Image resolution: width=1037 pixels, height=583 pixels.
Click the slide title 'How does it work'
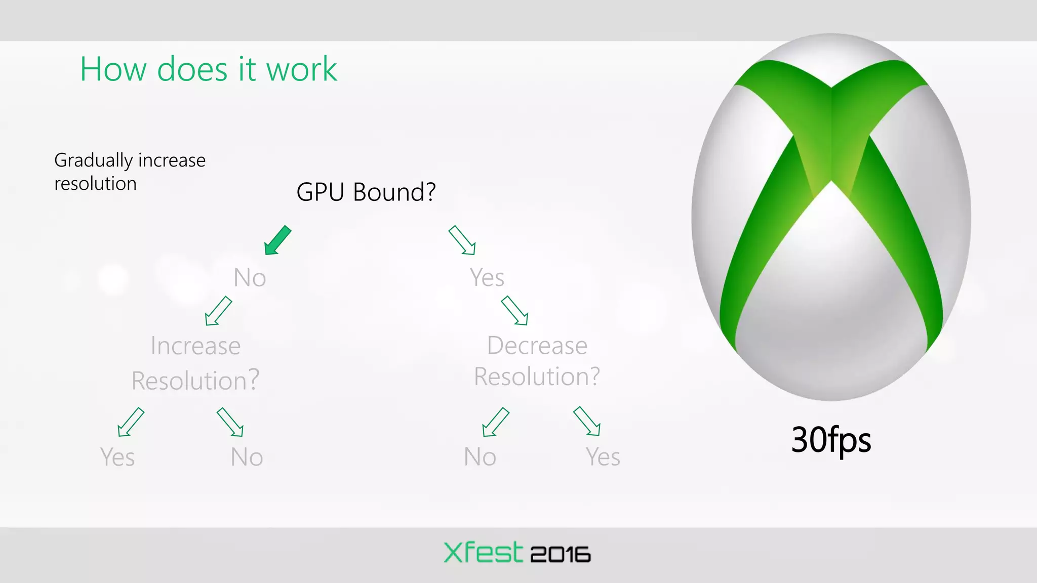(208, 69)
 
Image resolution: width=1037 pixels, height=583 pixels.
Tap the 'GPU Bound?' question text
(366, 192)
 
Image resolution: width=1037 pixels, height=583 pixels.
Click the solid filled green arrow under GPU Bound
(277, 240)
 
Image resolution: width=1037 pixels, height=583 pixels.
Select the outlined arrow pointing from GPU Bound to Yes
(462, 240)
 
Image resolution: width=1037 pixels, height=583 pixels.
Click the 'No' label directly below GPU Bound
(250, 278)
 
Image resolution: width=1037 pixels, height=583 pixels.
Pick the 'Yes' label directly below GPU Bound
(487, 277)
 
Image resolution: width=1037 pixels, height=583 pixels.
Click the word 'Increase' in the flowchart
(195, 346)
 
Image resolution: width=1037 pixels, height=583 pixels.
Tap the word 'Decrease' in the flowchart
(537, 346)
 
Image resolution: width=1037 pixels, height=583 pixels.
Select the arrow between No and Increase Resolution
(218, 311)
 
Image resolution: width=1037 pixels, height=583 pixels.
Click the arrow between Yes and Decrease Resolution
(514, 311)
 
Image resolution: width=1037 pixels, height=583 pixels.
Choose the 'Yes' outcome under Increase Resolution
(117, 457)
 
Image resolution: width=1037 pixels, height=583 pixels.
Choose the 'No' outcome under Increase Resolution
(247, 457)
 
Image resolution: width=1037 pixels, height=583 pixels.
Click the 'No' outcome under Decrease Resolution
(480, 457)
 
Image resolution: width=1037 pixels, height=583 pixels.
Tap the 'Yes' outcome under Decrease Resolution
(603, 457)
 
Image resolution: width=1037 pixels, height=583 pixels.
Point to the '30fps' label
(831, 439)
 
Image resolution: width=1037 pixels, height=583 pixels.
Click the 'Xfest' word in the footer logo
(483, 552)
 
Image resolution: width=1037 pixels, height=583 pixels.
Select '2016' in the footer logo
(560, 555)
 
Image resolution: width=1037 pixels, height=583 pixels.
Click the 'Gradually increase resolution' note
(130, 172)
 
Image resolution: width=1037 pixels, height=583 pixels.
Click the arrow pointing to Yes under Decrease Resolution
(587, 421)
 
